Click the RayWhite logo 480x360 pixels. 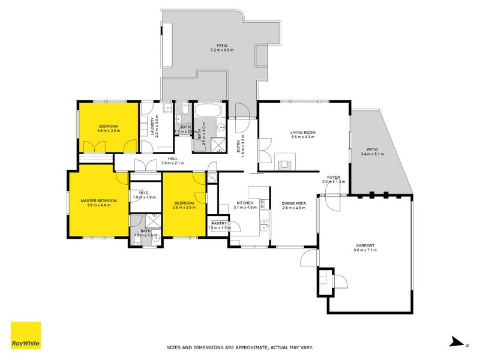(26, 335)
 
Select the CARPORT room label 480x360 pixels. (365, 246)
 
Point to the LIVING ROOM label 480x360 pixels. (302, 132)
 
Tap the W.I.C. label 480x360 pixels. (145, 193)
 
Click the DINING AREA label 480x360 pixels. (294, 203)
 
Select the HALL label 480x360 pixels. (173, 159)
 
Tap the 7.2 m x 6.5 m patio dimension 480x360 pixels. (223, 50)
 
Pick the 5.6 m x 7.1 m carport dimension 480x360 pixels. (365, 251)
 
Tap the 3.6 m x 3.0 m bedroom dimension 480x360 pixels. (109, 130)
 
